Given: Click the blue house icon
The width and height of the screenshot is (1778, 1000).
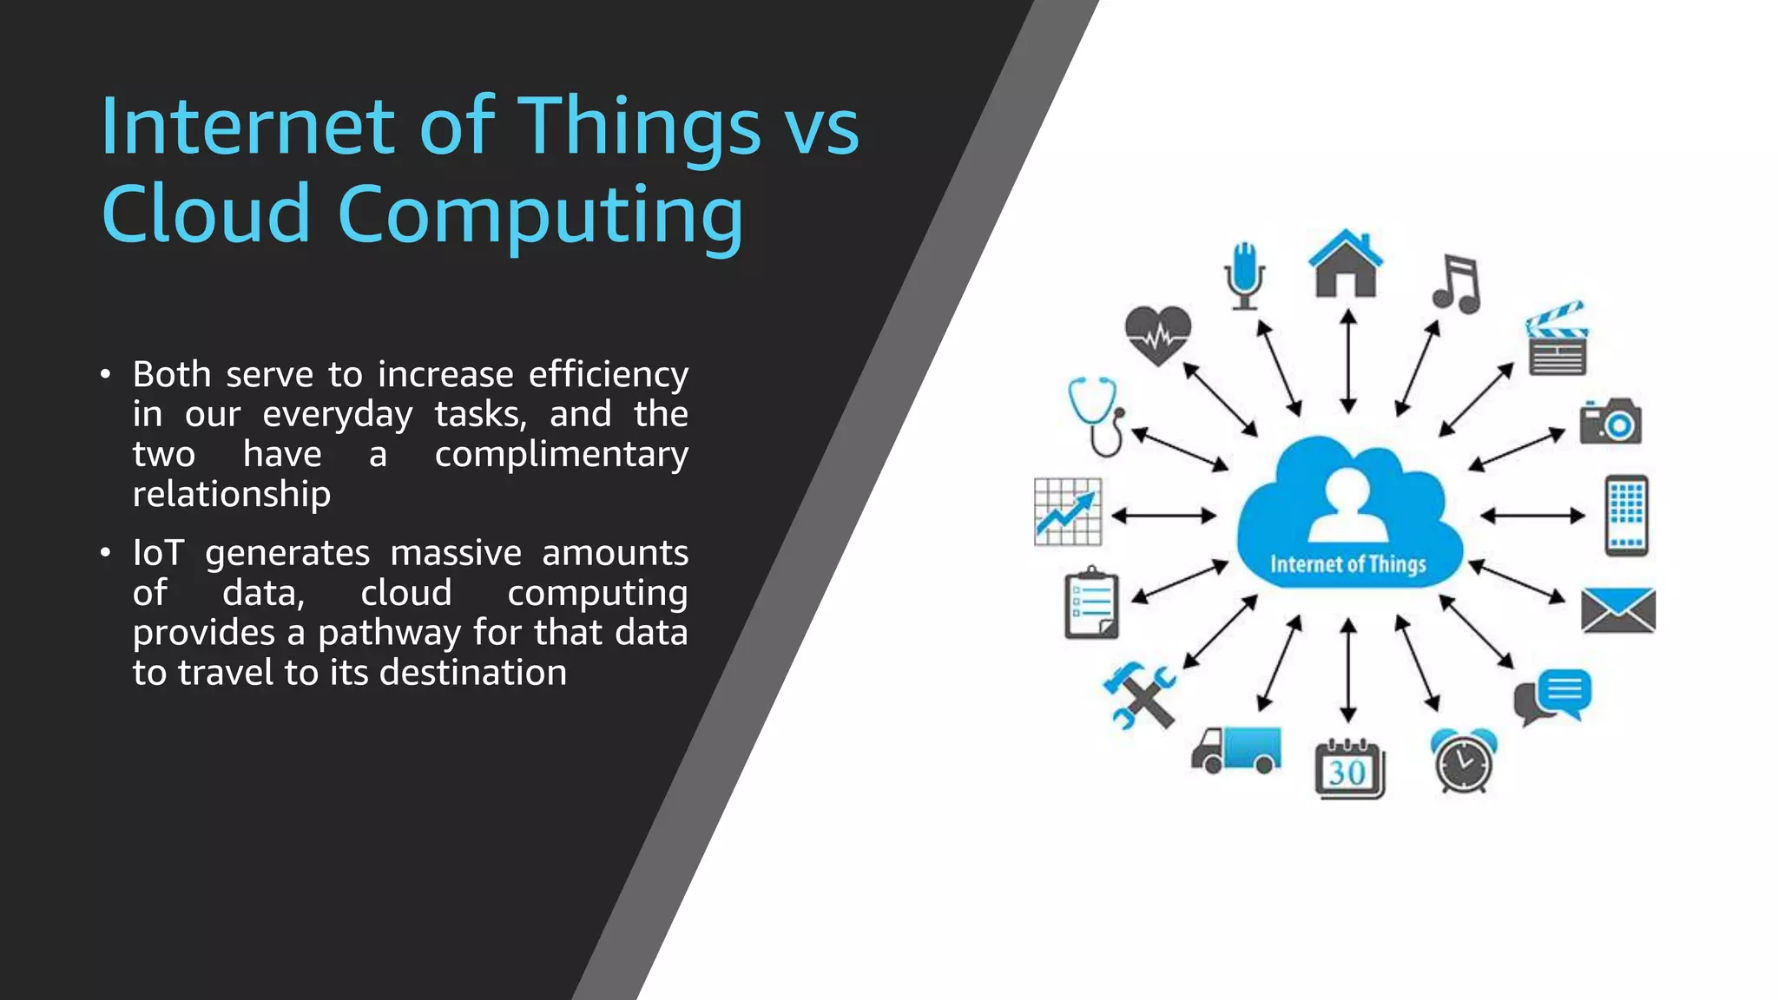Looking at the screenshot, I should [1345, 264].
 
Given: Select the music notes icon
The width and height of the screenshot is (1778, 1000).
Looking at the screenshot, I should [1457, 284].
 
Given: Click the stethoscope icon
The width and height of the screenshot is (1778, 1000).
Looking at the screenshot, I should [1097, 416].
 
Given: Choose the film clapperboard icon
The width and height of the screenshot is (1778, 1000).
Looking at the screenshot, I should [1557, 339].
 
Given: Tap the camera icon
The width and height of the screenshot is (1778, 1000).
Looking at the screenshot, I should [1610, 422].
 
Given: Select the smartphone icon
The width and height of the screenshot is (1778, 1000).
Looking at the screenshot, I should [1626, 516].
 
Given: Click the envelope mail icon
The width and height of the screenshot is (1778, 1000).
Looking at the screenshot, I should [1618, 609].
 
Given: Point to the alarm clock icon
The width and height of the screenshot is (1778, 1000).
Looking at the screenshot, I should [1464, 760].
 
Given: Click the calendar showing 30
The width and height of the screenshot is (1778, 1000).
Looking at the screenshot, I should [1349, 768].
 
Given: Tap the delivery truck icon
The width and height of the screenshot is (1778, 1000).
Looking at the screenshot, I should [1236, 750].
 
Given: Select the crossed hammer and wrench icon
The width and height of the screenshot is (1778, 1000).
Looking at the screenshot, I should [1139, 695].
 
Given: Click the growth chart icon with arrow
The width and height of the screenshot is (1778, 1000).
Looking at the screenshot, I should [1068, 512].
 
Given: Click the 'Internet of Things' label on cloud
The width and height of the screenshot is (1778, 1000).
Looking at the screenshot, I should [1348, 565].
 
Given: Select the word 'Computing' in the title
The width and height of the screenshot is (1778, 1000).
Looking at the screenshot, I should [540, 215].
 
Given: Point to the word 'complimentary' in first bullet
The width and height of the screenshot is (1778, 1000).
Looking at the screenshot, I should [561, 454].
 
